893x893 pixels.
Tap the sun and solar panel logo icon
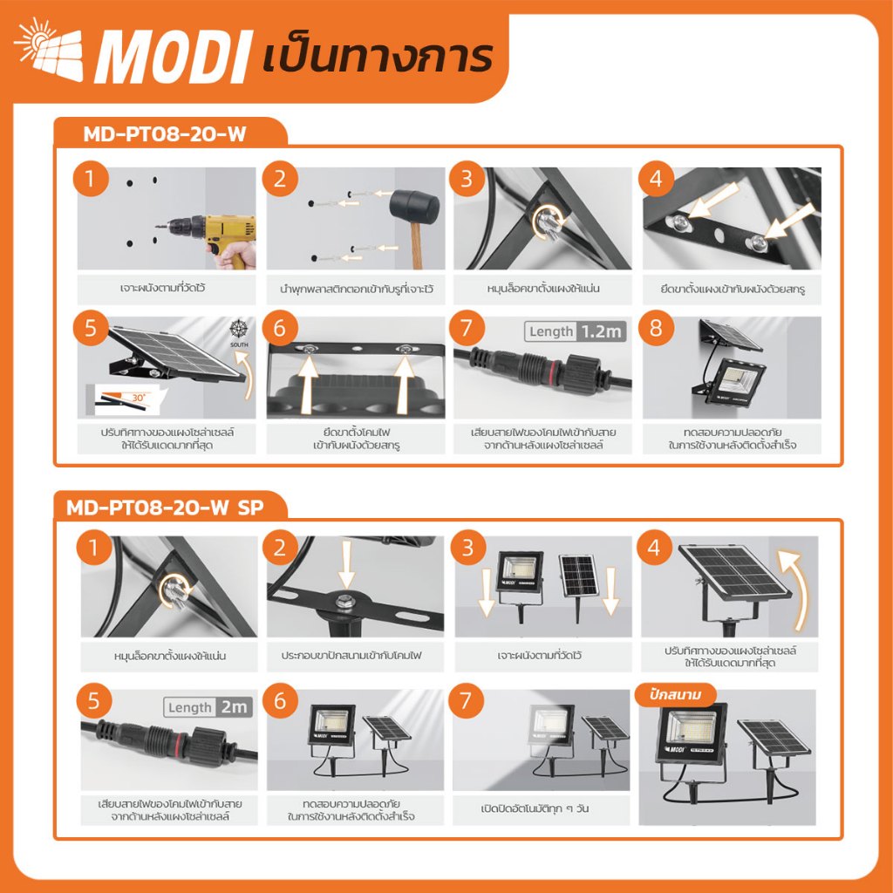point(50,49)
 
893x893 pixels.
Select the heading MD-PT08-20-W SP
point(165,507)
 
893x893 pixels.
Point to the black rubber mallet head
point(413,206)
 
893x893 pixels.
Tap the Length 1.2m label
point(576,331)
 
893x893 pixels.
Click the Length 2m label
point(208,707)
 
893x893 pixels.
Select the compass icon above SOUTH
point(239,329)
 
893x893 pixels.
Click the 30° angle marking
point(139,398)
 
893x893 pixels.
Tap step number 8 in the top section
point(656,328)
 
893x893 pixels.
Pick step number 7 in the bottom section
point(466,701)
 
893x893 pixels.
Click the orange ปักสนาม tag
point(676,695)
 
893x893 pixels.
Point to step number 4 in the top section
point(656,179)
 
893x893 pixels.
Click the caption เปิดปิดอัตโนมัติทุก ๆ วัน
point(535,808)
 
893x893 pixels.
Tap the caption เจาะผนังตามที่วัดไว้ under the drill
point(163,288)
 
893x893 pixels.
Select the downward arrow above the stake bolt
point(346,564)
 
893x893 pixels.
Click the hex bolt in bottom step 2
point(344,600)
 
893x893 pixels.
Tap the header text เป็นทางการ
point(377,57)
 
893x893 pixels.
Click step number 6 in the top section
point(280,328)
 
